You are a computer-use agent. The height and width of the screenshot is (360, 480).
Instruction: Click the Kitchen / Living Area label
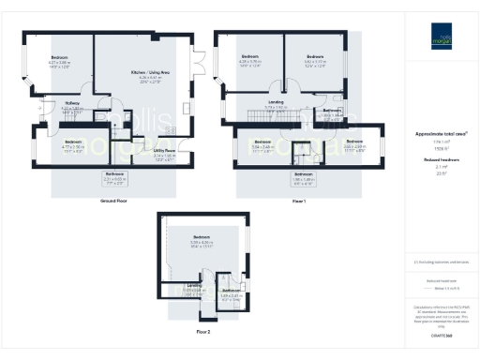pyautogui.click(x=150, y=69)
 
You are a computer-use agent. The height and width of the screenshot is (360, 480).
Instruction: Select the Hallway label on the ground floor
pyautogui.click(x=72, y=102)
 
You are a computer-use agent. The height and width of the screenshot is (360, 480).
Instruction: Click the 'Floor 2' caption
pyautogui.click(x=203, y=331)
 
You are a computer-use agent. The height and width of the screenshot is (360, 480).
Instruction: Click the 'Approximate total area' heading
pyautogui.click(x=442, y=135)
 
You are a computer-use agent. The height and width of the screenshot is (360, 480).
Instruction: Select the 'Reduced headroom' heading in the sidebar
pyautogui.click(x=442, y=160)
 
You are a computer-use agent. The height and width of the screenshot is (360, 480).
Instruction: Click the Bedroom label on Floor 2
pyautogui.click(x=202, y=237)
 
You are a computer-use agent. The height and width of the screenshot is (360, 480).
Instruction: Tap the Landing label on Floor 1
pyautogui.click(x=276, y=101)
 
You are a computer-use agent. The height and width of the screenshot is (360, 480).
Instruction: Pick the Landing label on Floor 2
pyautogui.click(x=194, y=285)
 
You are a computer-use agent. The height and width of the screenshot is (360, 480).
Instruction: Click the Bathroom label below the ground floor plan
pyautogui.click(x=114, y=174)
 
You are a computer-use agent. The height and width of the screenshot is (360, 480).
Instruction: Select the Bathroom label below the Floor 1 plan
pyautogui.click(x=304, y=173)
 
